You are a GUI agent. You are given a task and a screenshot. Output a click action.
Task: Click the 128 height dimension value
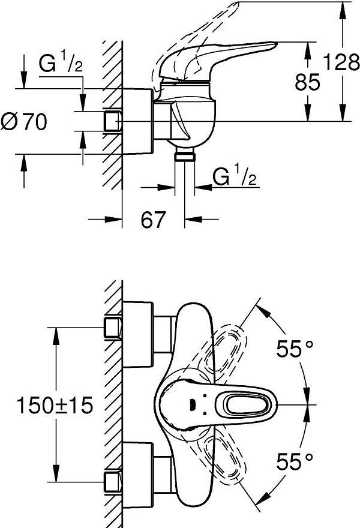click(x=341, y=61)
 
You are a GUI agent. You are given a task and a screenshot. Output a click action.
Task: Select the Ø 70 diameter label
click(x=24, y=122)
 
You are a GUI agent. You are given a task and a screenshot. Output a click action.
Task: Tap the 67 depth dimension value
click(x=153, y=220)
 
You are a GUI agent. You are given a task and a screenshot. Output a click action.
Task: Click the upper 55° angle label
click(x=295, y=349)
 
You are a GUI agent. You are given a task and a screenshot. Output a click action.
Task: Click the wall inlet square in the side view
click(x=112, y=122)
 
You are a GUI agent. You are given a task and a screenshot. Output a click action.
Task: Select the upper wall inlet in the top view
click(x=112, y=328)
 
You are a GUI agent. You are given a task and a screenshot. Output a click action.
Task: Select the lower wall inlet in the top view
click(x=112, y=481)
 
